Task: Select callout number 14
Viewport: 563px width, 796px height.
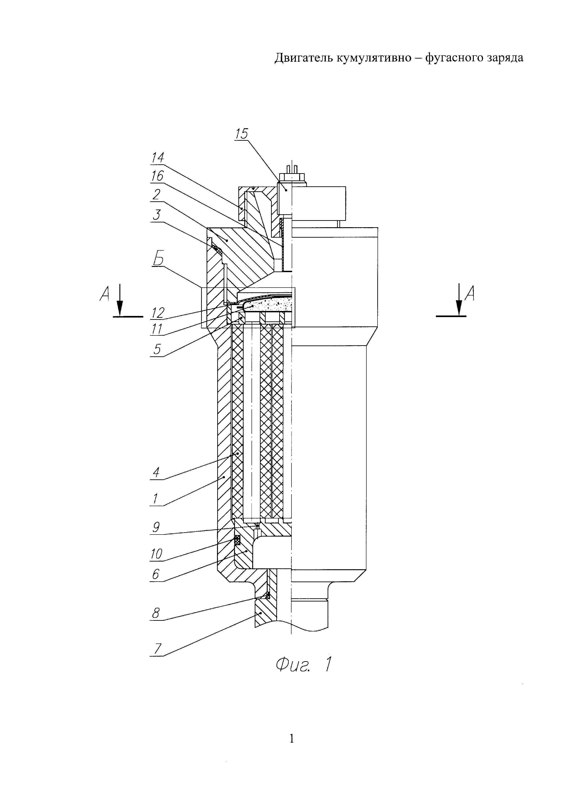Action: click(x=157, y=158)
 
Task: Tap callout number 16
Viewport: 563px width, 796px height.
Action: click(x=157, y=176)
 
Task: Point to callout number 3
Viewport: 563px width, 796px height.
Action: click(x=157, y=215)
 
